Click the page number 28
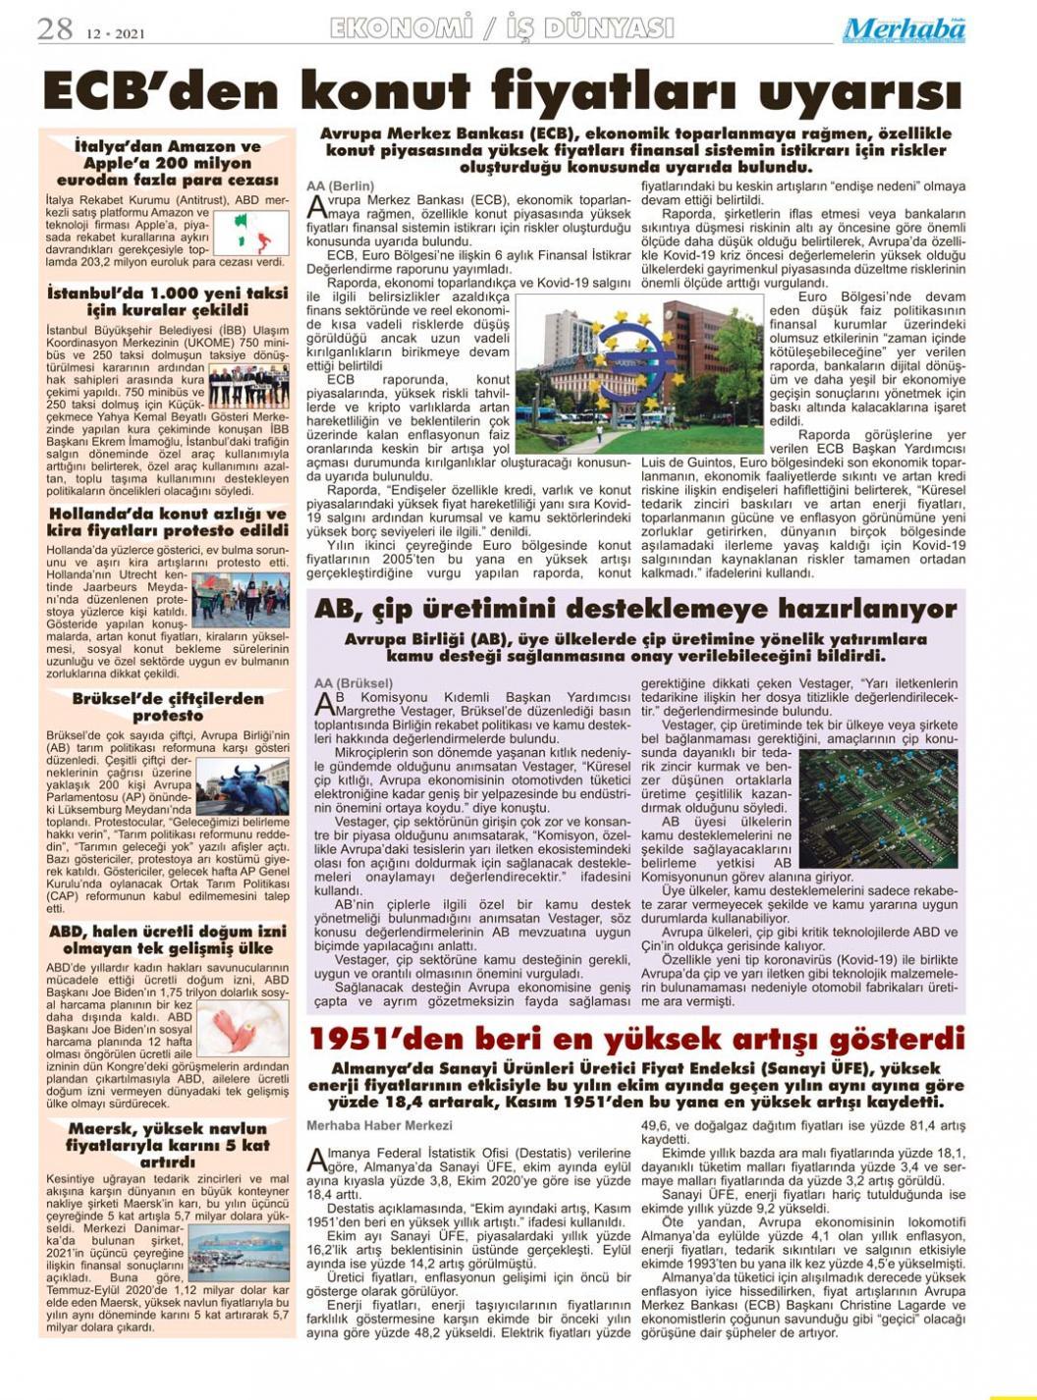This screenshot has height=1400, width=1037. pyautogui.click(x=55, y=29)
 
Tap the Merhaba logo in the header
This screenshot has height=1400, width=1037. pyautogui.click(x=903, y=31)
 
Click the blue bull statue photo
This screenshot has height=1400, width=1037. pyautogui.click(x=242, y=787)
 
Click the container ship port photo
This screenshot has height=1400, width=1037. pyautogui.click(x=241, y=1253)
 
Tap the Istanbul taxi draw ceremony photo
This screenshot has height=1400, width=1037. pyautogui.click(x=248, y=385)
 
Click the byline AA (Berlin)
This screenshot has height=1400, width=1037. pyautogui.click(x=341, y=186)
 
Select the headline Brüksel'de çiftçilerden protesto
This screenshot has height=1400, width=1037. pyautogui.click(x=168, y=707)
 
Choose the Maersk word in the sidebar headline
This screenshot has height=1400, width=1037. pyautogui.click(x=107, y=1129)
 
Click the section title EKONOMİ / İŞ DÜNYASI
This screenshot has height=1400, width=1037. pyautogui.click(x=502, y=28)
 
